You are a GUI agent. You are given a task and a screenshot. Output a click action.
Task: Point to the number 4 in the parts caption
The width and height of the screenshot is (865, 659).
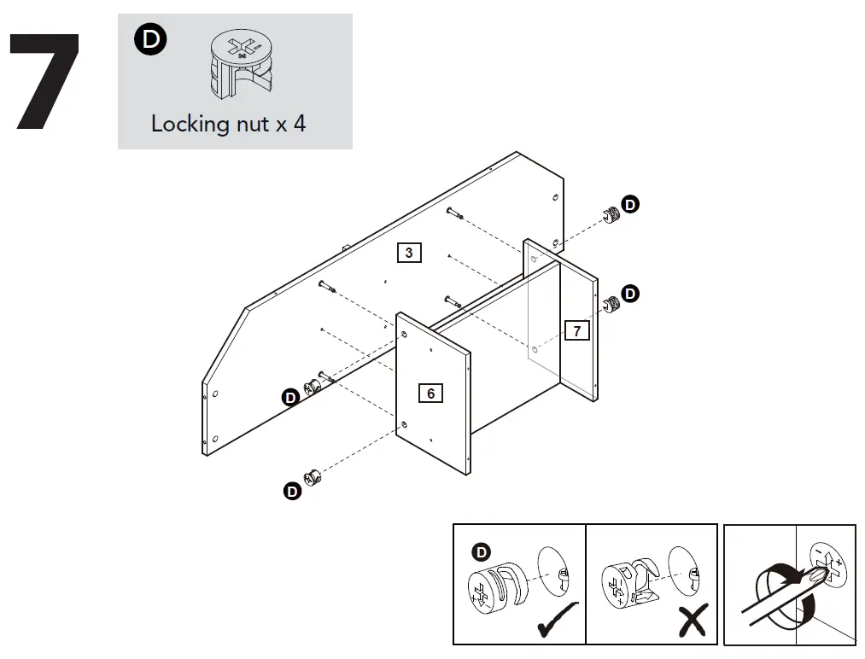[299, 124]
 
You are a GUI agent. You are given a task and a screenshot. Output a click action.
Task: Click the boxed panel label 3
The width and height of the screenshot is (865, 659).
[409, 253]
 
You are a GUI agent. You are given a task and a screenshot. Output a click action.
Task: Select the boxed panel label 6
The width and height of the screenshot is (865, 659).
[430, 393]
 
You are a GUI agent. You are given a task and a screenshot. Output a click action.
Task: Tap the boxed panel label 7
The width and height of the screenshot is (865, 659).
[577, 330]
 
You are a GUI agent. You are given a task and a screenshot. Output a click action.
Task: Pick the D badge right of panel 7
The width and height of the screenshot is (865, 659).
[630, 294]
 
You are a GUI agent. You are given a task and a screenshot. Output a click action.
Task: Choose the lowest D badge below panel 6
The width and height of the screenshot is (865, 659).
[291, 492]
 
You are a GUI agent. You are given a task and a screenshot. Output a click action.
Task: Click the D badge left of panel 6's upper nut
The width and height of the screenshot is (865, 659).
[290, 397]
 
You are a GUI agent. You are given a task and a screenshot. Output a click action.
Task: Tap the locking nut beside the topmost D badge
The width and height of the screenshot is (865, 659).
[610, 214]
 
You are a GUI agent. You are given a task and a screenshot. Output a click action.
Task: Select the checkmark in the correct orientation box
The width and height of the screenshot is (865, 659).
[556, 620]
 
